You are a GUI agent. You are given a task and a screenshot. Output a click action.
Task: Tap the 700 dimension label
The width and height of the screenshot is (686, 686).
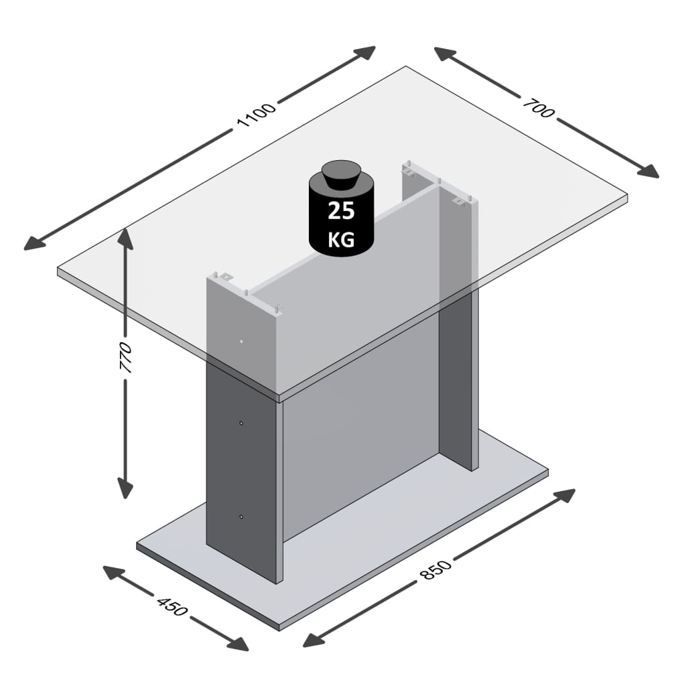pos(539,109)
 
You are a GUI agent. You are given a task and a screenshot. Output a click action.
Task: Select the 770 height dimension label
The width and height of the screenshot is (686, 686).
pos(125,360)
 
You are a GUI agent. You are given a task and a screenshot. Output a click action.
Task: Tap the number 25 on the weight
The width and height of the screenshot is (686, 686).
pos(341,211)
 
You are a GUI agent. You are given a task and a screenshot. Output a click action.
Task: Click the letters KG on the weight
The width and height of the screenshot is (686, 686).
pos(341,239)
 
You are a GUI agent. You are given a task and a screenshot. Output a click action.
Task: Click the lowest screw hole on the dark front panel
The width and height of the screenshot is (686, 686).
pos(242,517)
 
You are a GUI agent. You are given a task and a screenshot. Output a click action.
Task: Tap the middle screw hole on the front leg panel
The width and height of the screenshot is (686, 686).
pos(242,423)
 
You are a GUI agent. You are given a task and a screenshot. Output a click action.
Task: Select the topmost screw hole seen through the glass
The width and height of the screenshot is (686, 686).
pos(242,340)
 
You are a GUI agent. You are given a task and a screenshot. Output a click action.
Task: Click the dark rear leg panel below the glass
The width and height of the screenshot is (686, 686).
pos(458,382)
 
